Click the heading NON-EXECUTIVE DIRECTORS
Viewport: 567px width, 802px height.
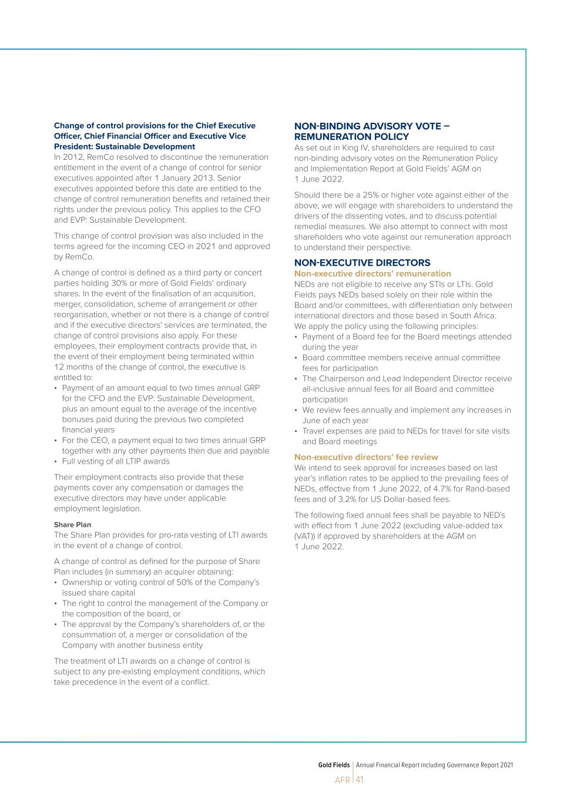362,263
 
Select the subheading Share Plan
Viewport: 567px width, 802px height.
72,525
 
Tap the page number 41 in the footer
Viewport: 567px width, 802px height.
360,780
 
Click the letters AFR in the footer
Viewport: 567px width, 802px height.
343,780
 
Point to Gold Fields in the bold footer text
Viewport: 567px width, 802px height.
334,765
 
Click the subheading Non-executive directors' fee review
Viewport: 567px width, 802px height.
366,457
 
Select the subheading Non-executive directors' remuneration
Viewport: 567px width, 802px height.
373,273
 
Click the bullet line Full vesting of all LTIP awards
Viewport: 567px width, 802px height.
116,461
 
